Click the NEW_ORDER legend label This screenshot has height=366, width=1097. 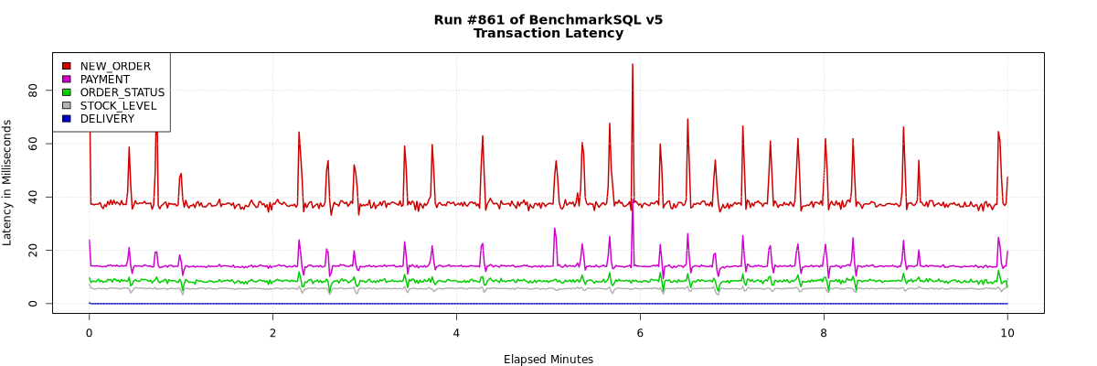click(115, 66)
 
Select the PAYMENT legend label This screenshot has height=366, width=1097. click(105, 80)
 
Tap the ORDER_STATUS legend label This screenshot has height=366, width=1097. click(122, 92)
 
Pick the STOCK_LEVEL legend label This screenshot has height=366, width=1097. click(118, 105)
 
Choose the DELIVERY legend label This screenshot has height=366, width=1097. click(107, 119)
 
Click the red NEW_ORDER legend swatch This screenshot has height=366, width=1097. click(66, 66)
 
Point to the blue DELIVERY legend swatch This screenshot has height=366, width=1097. click(66, 119)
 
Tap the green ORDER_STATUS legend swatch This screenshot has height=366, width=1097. click(66, 92)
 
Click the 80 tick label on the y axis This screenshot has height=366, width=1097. click(33, 90)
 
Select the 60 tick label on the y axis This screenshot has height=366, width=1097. click(33, 144)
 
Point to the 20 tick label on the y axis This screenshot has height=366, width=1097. click(33, 250)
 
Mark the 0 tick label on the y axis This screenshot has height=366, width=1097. click(33, 304)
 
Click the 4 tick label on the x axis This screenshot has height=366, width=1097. click(456, 332)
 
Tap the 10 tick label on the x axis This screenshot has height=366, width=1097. click(1007, 332)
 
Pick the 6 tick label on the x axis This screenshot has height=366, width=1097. click(640, 332)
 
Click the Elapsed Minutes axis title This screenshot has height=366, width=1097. click(548, 360)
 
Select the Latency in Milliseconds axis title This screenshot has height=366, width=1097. click(7, 182)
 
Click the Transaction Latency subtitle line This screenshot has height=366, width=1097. click(548, 34)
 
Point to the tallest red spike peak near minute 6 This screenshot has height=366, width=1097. click(632, 64)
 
